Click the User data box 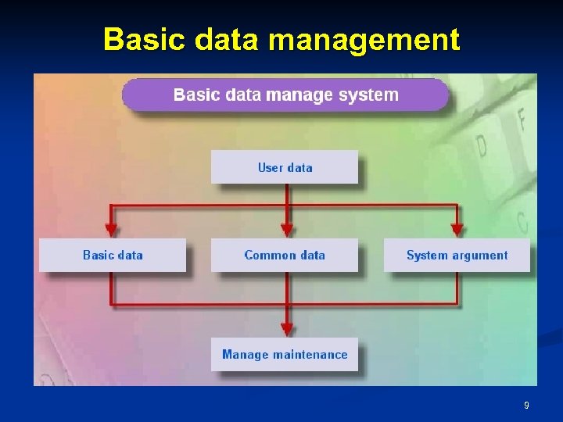pos(285,167)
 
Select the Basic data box pos(113,255)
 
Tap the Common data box pos(285,255)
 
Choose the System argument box pos(457,255)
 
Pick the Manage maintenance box pos(285,354)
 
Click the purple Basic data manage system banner pos(286,95)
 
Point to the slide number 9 pos(526,406)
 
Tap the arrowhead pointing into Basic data pos(111,230)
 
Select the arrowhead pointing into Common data pos(287,230)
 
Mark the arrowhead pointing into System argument pos(457,230)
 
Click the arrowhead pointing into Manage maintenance pos(287,329)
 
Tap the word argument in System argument pos(479,255)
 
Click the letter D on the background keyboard pos(481,145)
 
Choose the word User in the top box pos(271,167)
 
